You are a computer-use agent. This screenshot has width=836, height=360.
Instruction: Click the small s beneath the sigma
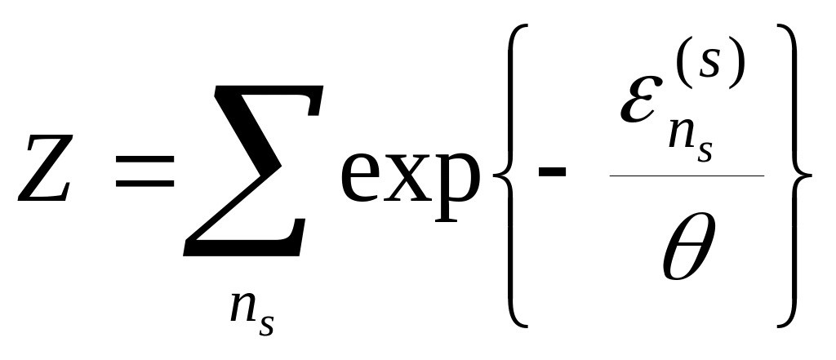click(x=265, y=324)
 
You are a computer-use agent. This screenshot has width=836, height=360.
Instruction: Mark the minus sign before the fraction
click(x=564, y=173)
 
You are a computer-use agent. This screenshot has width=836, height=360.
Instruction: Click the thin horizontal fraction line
click(x=686, y=176)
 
